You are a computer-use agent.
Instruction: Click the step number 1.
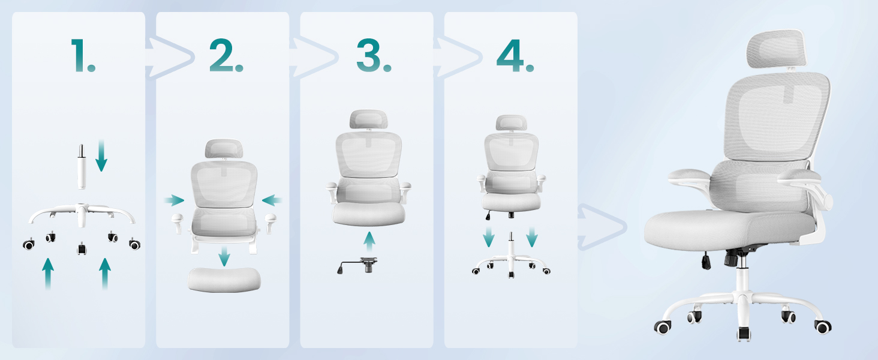[x=82, y=55]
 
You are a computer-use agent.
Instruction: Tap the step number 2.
[x=226, y=55]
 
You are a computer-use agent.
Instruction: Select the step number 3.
[x=374, y=55]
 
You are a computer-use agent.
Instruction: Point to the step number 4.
[x=515, y=55]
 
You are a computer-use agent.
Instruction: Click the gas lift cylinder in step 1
[x=81, y=167]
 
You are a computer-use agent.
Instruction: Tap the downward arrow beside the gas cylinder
[x=101, y=155]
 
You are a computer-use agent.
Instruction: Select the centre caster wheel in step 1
[x=82, y=248]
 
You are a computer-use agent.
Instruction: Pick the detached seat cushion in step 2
[x=224, y=279]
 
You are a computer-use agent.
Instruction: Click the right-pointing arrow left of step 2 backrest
[x=174, y=200]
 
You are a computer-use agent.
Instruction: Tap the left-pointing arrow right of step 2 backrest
[x=272, y=200]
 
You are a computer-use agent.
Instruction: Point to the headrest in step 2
[x=224, y=149]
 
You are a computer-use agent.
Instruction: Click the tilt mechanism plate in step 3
[x=357, y=265]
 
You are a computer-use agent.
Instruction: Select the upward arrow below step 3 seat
[x=369, y=242]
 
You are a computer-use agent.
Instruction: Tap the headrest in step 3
[x=368, y=119]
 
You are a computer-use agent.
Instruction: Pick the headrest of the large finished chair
[x=777, y=49]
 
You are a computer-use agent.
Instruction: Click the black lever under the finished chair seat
[x=706, y=261]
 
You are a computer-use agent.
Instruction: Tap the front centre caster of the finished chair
[x=744, y=334]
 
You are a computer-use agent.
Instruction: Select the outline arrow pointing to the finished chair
[x=602, y=227]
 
